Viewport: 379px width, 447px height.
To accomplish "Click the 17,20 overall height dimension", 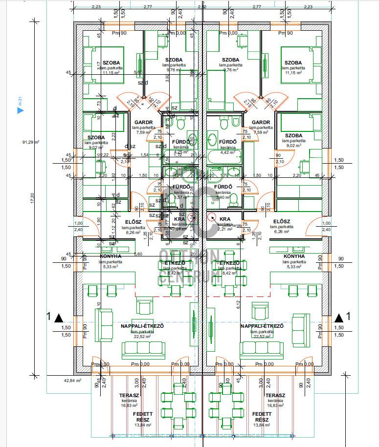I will point(33,198).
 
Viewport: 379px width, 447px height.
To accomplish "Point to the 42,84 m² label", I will point(72,380).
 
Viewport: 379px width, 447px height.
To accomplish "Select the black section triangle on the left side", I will point(59,318).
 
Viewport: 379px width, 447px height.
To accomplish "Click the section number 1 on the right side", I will point(348,316).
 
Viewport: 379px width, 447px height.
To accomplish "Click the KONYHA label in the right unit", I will point(294,256).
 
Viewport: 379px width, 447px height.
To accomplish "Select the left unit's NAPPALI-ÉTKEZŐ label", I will point(141,326).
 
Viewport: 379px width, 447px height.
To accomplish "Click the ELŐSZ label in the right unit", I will point(283,221).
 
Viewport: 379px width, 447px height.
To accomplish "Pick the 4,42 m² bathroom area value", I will point(228,152).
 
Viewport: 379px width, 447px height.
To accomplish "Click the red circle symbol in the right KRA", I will point(211,218).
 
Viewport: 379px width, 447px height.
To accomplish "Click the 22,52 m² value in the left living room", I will point(141,336).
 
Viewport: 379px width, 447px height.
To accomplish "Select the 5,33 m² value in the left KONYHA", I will point(111,267).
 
